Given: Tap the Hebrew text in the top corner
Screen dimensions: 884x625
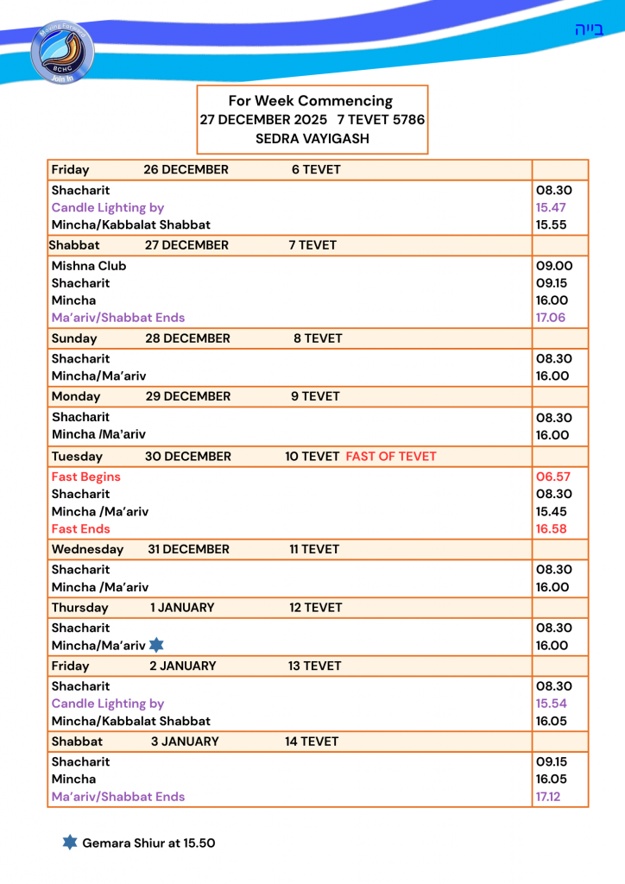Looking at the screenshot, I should [x=589, y=30].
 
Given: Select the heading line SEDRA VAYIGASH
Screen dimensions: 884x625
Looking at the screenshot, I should [x=312, y=138].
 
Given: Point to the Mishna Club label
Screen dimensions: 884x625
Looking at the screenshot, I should [x=89, y=266].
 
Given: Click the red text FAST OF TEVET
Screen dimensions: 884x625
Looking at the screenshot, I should [x=391, y=457].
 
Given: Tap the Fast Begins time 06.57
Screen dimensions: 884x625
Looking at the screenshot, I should [x=552, y=477].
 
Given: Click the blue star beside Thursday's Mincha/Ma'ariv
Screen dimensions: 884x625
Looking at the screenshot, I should [x=156, y=644].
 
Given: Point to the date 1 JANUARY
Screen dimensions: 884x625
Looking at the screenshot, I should [x=182, y=608].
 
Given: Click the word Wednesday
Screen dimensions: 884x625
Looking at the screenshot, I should [x=87, y=549].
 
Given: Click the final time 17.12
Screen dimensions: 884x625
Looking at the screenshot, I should [x=548, y=797].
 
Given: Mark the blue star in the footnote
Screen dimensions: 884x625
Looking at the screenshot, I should [x=70, y=842].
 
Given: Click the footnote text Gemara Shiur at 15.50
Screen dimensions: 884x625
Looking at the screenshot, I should [x=148, y=843].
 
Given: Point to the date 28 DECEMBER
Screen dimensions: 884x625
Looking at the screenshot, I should [x=187, y=338].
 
